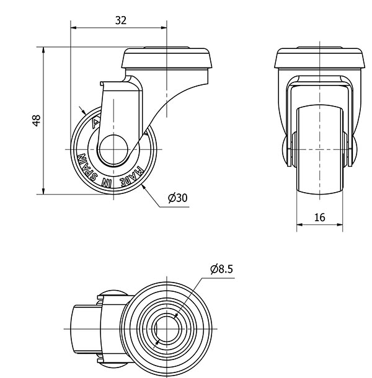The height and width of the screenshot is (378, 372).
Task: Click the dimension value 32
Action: [121, 20]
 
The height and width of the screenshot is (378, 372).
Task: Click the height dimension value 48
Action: [37, 121]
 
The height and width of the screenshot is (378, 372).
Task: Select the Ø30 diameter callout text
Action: [178, 198]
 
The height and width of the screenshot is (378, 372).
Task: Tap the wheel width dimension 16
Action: [320, 218]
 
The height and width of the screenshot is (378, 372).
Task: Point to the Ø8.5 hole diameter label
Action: [222, 269]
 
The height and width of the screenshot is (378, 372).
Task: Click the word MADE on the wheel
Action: [133, 176]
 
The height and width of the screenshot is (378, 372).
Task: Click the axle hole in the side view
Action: [113, 149]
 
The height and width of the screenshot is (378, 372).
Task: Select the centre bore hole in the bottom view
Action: [166, 329]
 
